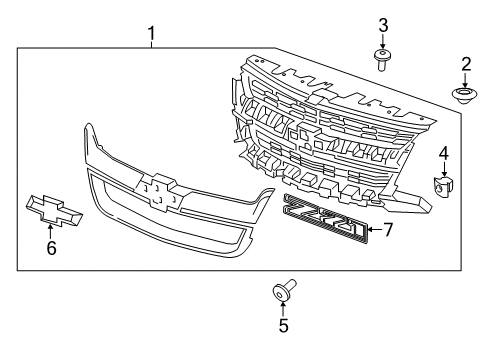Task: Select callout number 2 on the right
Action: pyautogui.click(x=466, y=66)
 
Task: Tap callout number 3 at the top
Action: pyautogui.click(x=382, y=23)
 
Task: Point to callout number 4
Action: pyautogui.click(x=444, y=153)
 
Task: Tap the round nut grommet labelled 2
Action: pyautogui.click(x=465, y=97)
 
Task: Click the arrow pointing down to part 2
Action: pyautogui.click(x=466, y=81)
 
